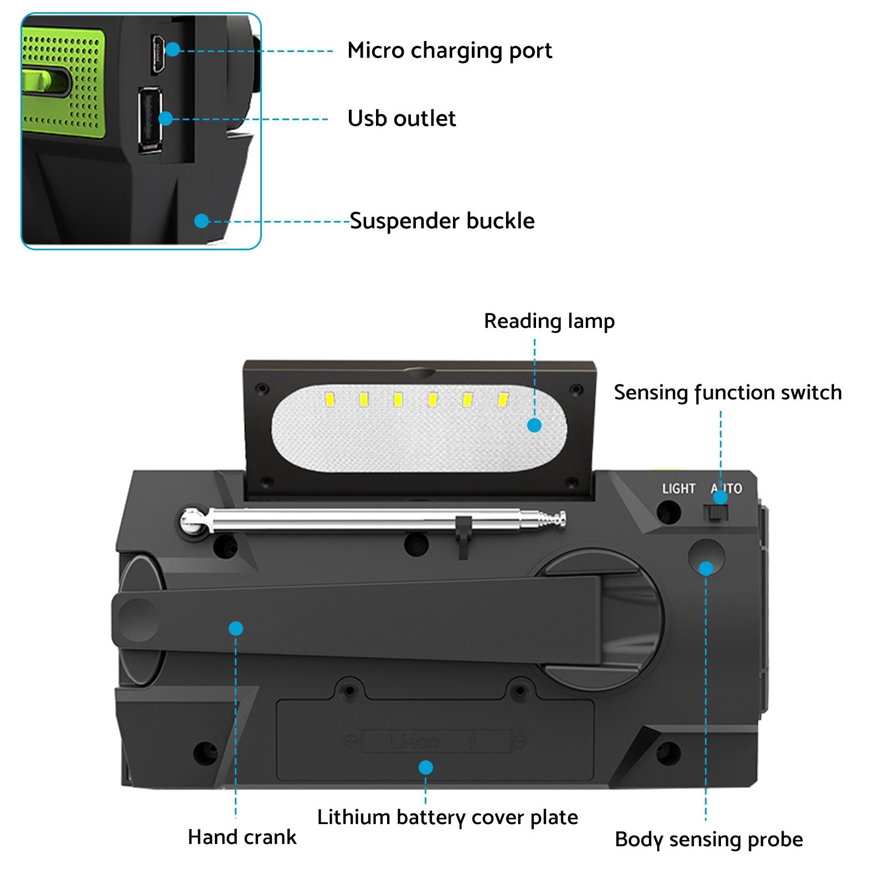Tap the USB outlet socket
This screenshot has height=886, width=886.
150,119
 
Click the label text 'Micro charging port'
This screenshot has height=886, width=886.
449,50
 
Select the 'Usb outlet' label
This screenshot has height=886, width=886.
401,119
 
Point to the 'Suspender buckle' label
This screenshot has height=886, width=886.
442,221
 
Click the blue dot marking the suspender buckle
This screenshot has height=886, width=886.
202,221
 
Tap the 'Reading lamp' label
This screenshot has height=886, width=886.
549,321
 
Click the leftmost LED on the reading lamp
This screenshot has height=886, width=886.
329,399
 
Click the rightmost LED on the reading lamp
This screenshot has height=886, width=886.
503,399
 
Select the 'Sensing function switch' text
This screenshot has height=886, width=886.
728,393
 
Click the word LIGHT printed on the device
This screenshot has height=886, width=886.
678,488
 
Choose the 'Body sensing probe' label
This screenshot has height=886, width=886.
708,839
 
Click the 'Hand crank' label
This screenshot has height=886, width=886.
242,837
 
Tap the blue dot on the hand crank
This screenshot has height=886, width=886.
236,629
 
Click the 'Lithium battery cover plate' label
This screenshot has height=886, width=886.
447,817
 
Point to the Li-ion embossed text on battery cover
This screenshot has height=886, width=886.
415,741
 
